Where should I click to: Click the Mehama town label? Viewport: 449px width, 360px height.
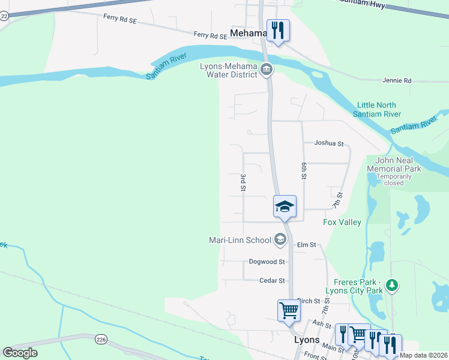click(x=248, y=34)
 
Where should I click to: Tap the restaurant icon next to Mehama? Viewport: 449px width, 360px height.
click(x=278, y=30)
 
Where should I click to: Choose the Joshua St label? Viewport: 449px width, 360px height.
click(x=329, y=143)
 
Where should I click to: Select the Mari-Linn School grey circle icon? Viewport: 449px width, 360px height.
click(x=280, y=240)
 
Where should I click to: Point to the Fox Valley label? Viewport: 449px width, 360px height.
click(x=342, y=223)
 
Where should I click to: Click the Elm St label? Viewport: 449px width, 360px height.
click(x=306, y=245)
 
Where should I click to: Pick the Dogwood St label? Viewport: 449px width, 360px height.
click(x=266, y=262)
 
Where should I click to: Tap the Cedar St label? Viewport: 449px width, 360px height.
click(x=271, y=280)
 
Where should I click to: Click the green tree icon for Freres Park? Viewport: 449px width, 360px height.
click(x=392, y=285)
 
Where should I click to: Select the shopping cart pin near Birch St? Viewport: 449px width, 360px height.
click(x=289, y=311)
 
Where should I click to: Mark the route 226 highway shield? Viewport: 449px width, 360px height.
click(x=100, y=340)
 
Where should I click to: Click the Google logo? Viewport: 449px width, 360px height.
click(x=20, y=353)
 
